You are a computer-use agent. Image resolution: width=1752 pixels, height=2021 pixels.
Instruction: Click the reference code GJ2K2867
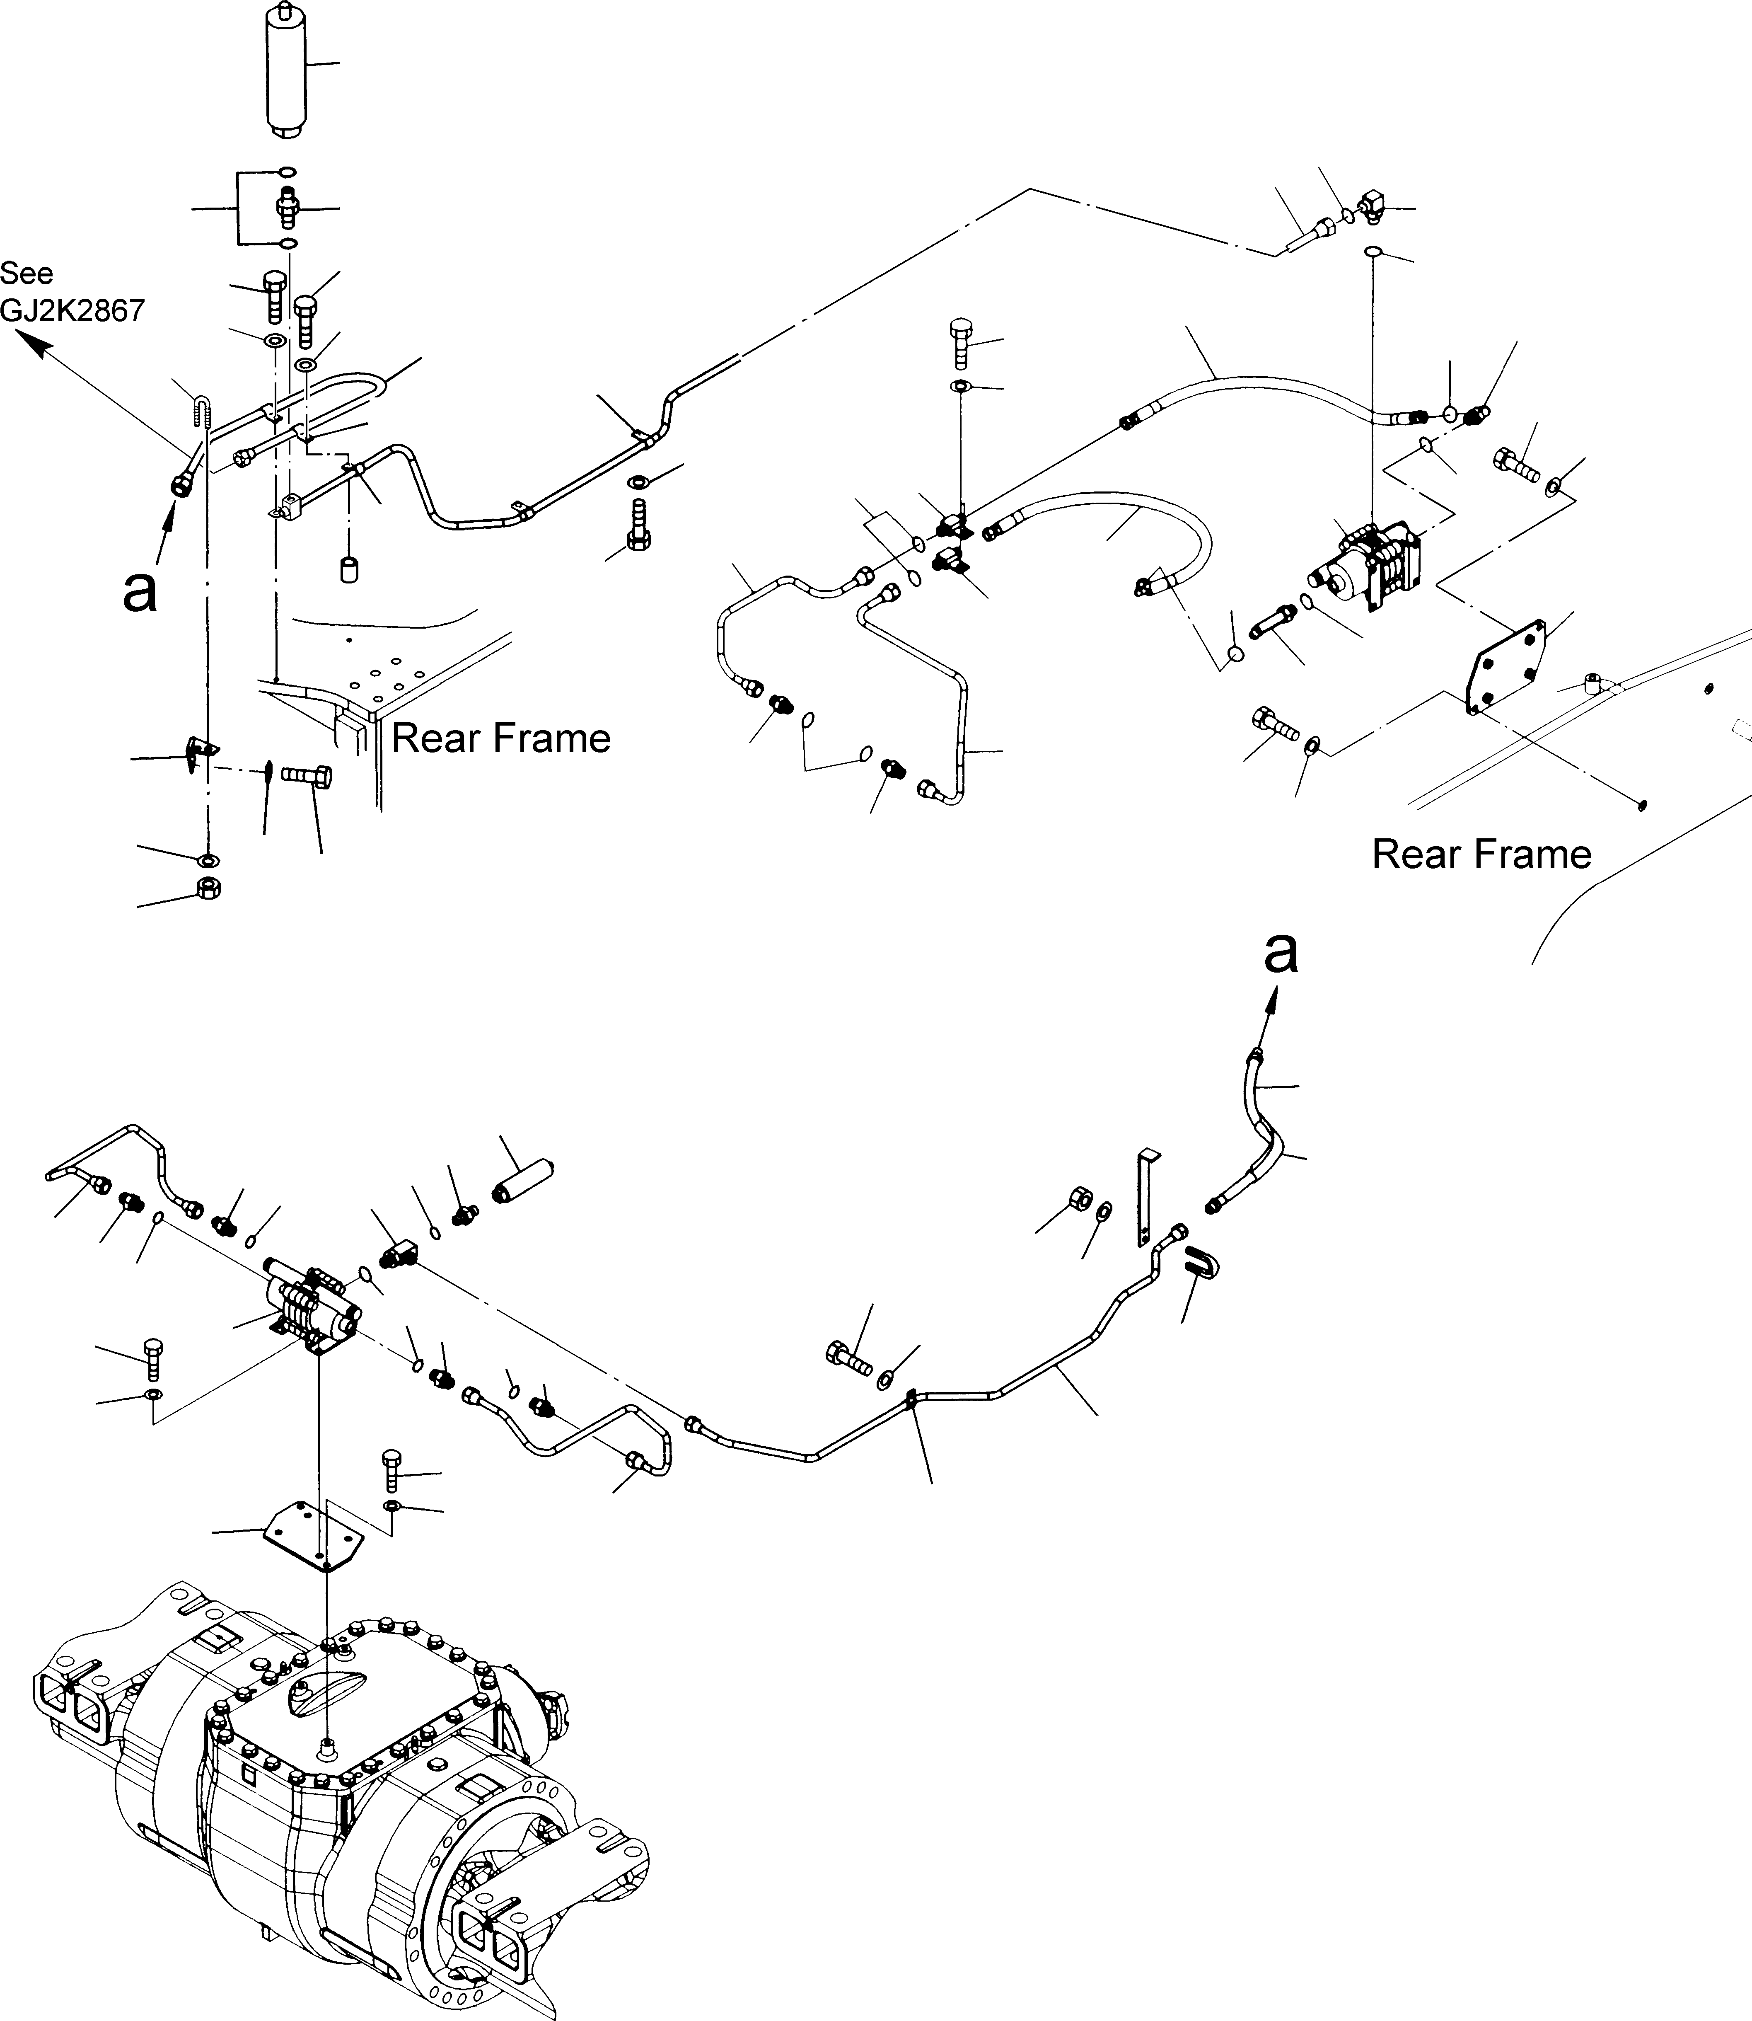point(72,311)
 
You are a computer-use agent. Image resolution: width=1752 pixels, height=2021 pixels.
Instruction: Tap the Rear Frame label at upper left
point(500,738)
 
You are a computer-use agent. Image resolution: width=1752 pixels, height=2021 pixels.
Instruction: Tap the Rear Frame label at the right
point(1481,854)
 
